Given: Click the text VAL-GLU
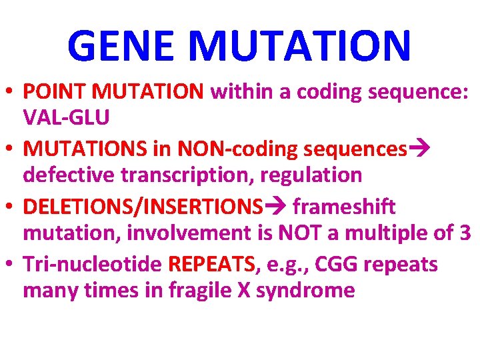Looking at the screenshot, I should (x=66, y=117).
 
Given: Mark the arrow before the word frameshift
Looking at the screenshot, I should (x=275, y=207).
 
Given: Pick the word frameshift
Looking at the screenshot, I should (x=344, y=207).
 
